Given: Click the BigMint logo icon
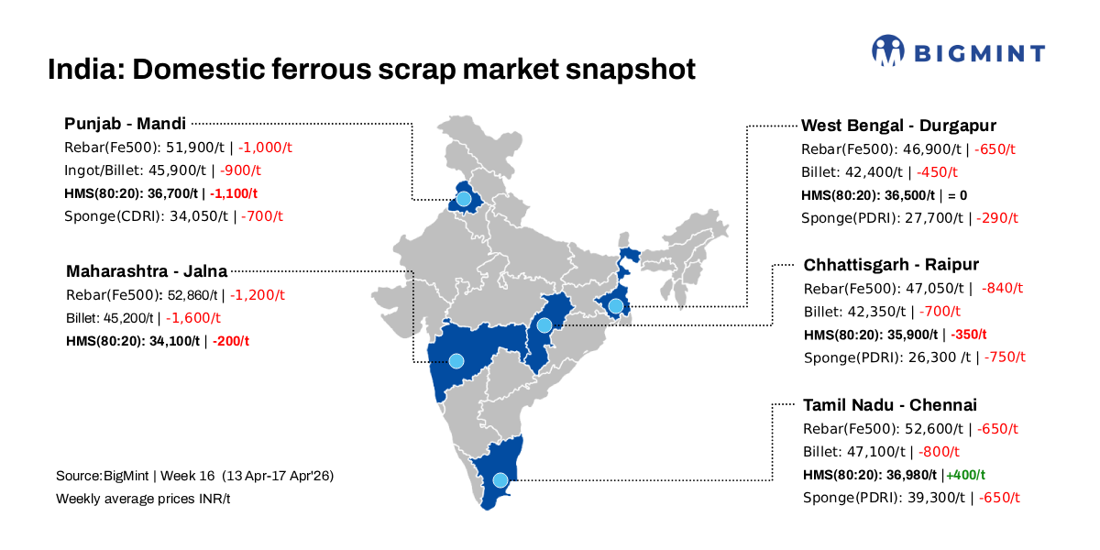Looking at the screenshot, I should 887,51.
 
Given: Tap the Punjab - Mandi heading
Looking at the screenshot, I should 126,123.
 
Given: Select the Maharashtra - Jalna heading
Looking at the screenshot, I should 147,271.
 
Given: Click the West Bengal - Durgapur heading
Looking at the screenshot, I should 898,125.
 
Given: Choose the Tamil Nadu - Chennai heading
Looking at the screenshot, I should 890,405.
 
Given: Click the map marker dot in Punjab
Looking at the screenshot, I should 464,198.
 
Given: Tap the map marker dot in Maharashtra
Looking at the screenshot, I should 456,360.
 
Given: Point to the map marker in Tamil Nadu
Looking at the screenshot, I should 500,479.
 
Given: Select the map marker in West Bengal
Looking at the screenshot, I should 616,305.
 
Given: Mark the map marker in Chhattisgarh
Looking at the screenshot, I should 544,325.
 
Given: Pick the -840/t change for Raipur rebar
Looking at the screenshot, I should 1002,288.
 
